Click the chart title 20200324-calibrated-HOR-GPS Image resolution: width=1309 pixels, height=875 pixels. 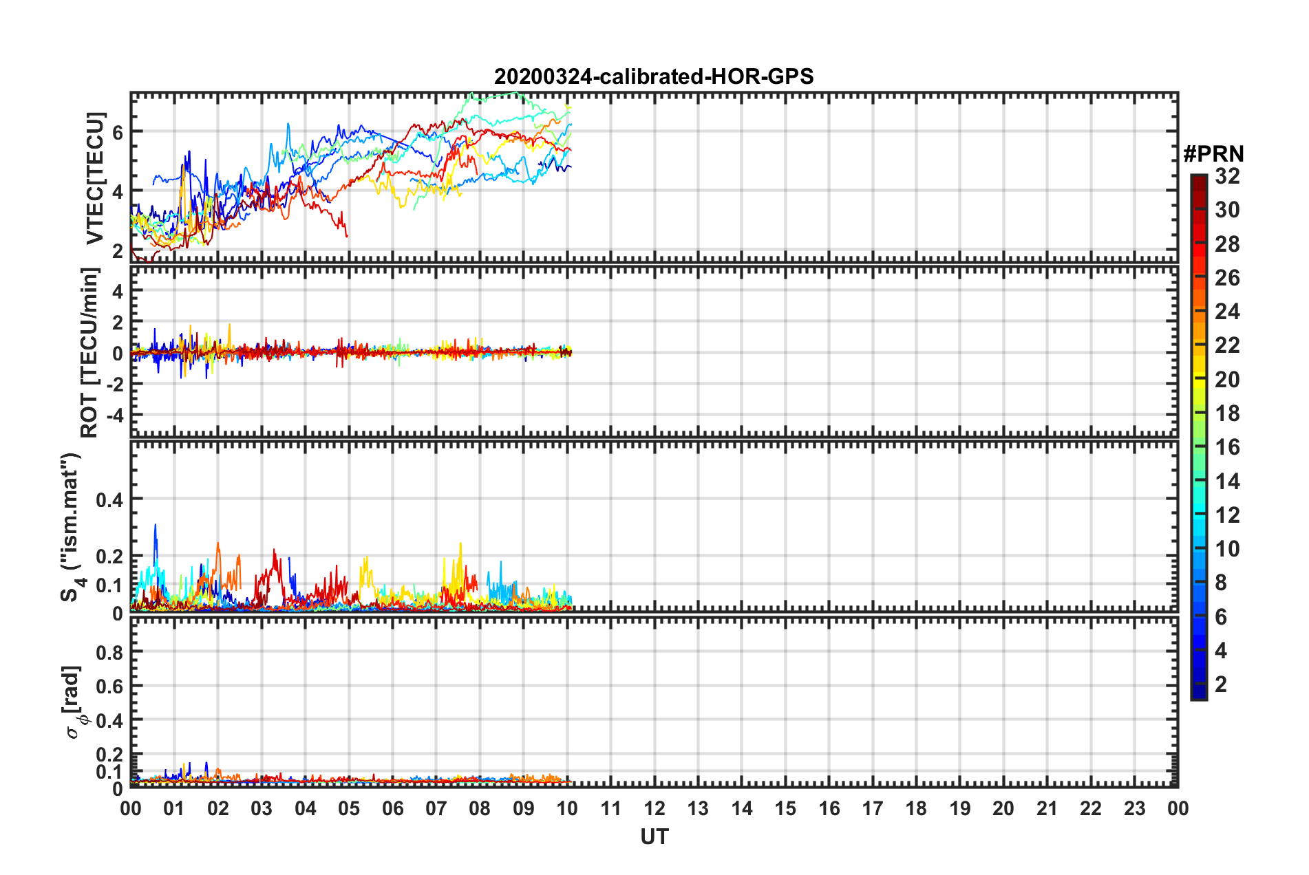(x=654, y=76)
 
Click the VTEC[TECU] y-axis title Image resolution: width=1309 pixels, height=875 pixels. (x=95, y=178)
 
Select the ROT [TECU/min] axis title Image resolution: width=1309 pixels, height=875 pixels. (x=89, y=353)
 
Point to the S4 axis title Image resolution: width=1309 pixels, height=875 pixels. (x=71, y=527)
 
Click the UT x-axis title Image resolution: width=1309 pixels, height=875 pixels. (x=654, y=836)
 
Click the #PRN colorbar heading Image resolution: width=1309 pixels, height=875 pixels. (x=1213, y=154)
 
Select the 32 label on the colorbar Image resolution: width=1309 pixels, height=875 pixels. (x=1227, y=176)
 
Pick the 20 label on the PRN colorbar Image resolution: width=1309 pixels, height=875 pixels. (x=1227, y=380)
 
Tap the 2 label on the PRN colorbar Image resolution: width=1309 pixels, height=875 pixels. (x=1222, y=684)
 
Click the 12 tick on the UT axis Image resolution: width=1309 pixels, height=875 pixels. (x=654, y=808)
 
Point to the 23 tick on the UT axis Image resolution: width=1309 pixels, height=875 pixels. (x=1134, y=808)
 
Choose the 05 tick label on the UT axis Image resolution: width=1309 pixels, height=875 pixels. (x=349, y=808)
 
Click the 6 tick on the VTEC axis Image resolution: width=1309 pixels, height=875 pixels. (x=118, y=132)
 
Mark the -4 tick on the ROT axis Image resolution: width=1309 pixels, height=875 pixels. (x=113, y=415)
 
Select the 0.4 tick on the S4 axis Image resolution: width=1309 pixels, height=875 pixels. (x=109, y=499)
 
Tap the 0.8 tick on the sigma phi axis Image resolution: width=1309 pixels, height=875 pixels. (x=109, y=652)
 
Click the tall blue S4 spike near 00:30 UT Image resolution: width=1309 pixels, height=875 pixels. (x=156, y=526)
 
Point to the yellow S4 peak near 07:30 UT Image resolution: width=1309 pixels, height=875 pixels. (x=460, y=545)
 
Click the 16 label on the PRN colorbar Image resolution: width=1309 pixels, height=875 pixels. (x=1227, y=448)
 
